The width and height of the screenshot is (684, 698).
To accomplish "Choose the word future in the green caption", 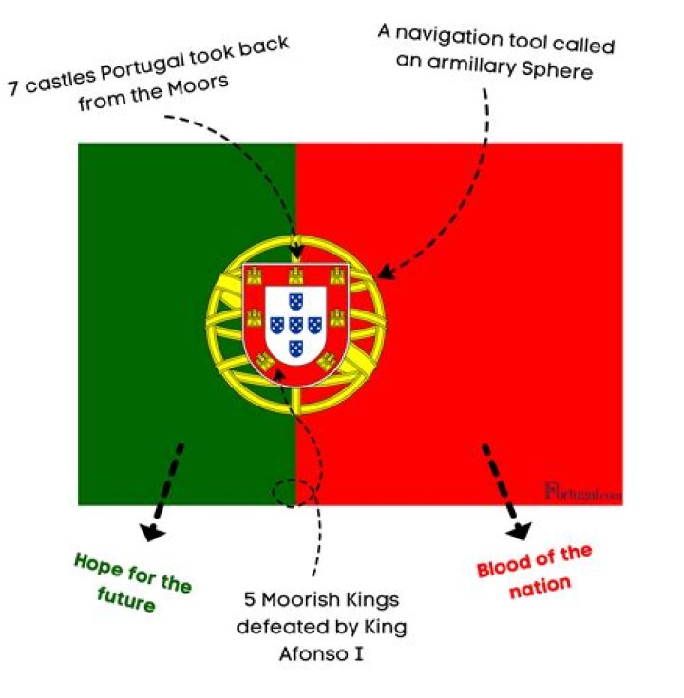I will point(125,599).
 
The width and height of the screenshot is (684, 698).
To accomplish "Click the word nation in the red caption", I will point(541,586).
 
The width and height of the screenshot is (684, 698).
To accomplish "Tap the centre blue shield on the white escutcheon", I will point(296,324).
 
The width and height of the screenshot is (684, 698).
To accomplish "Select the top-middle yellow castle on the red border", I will point(296,275).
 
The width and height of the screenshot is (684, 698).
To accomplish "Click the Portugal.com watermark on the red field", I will point(582,491).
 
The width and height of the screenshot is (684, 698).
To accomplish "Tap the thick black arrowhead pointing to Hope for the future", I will point(152,532).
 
